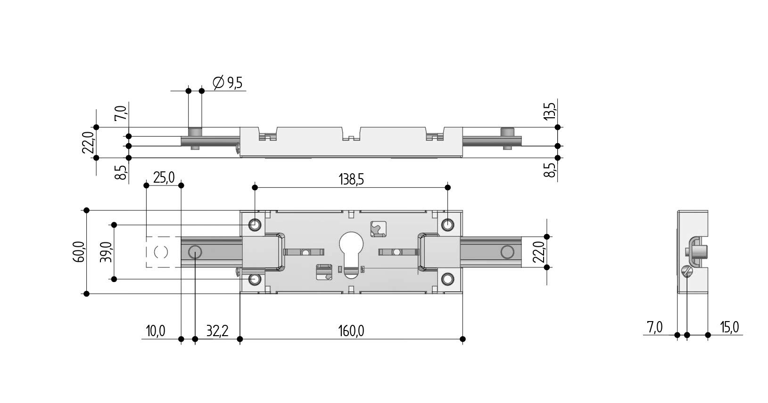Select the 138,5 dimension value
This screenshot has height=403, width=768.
(x=351, y=179)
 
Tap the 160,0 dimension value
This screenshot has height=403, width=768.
(x=351, y=331)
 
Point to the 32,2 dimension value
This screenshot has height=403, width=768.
(x=217, y=331)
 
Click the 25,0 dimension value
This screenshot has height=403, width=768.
(x=164, y=177)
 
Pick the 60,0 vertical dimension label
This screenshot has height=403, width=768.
(x=79, y=252)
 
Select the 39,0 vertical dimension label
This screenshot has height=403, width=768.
(x=106, y=252)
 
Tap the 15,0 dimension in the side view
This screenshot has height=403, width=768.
(x=730, y=328)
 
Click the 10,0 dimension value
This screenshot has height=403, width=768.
(x=156, y=331)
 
